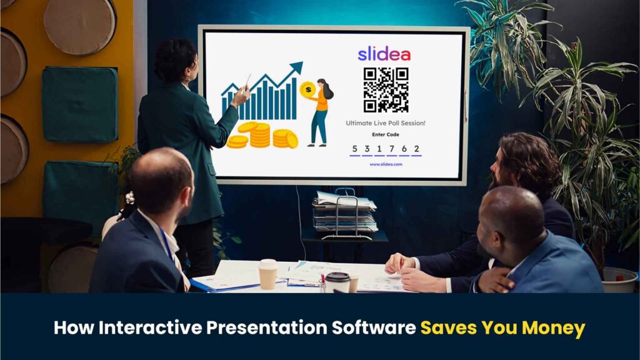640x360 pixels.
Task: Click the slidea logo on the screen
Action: tap(384, 54)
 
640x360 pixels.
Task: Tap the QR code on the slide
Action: tap(386, 89)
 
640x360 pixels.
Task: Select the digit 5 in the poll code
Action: tap(355, 149)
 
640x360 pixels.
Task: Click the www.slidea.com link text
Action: tap(386, 164)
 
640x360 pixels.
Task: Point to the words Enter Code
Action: tap(386, 134)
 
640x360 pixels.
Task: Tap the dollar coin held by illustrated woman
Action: tap(307, 89)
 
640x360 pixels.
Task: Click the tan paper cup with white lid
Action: tap(267, 274)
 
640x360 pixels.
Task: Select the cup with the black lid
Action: tap(338, 282)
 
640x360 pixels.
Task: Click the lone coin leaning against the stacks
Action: tap(292, 140)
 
